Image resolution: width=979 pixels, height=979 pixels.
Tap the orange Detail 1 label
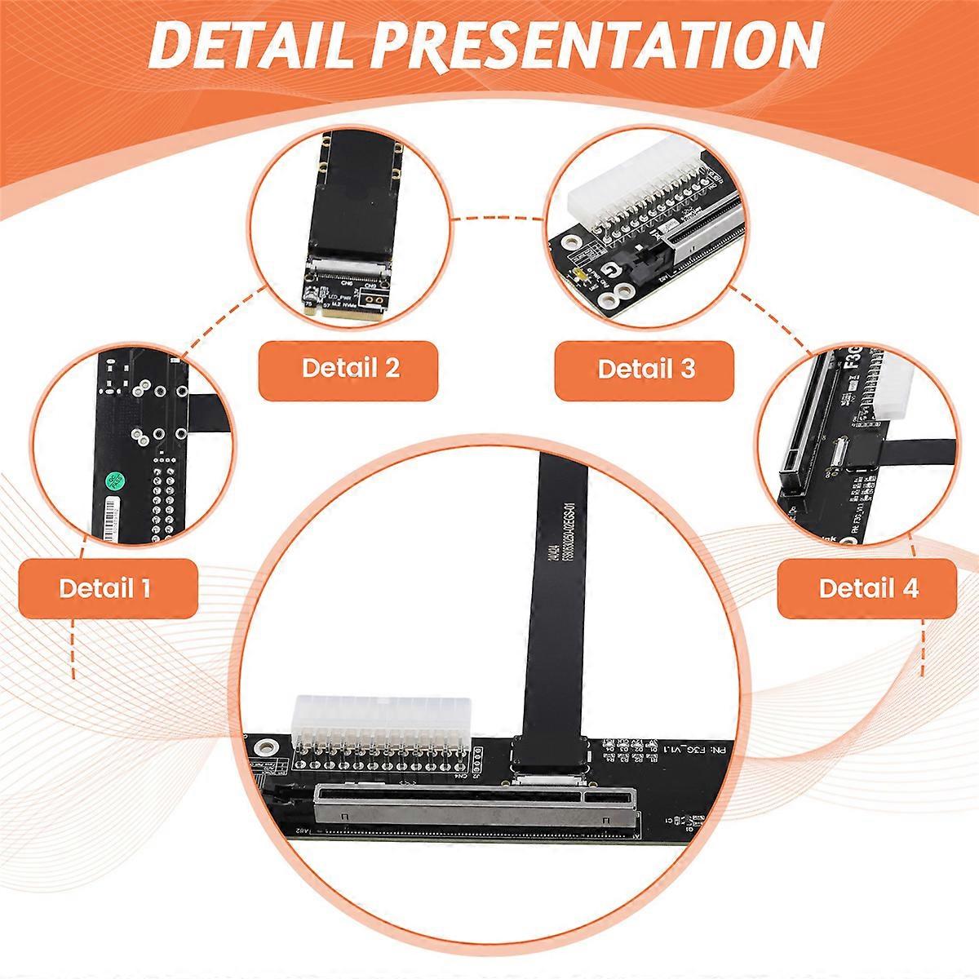click(x=106, y=588)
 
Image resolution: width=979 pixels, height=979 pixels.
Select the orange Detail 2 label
click(x=350, y=368)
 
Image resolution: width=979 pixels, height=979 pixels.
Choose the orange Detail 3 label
click(x=645, y=369)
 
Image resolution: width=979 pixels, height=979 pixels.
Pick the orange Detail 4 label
click(x=867, y=588)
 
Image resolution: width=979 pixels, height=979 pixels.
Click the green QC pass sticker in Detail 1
click(x=113, y=481)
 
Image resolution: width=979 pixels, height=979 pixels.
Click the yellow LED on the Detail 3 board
click(x=578, y=276)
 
